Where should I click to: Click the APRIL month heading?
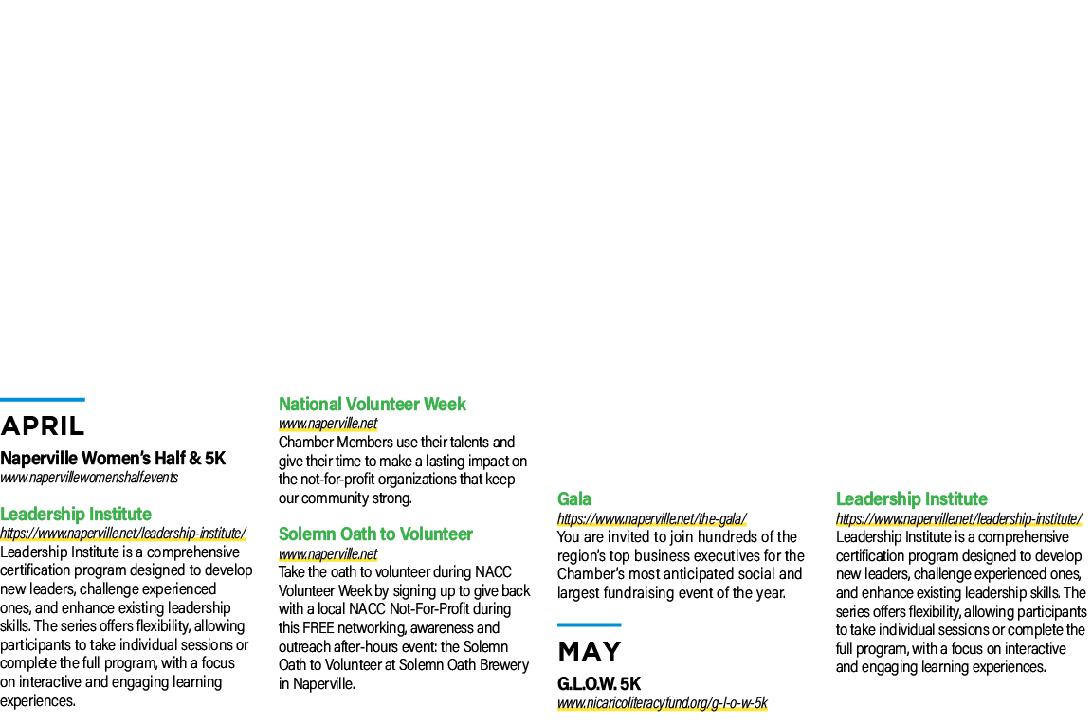pos(43,426)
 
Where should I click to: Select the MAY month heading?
pos(590,652)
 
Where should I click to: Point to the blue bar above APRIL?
pos(43,400)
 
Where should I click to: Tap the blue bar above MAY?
pos(590,624)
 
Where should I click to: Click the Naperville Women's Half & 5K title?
pos(113,458)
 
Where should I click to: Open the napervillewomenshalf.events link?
pos(89,478)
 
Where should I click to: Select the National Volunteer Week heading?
pos(372,404)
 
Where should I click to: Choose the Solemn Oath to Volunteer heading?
pos(375,534)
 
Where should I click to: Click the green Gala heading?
pos(573,499)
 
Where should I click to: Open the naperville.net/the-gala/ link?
pos(652,519)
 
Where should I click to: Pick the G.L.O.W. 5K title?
pos(599,683)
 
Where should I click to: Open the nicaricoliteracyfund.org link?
pos(663,703)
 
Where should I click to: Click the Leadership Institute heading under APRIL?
pos(76,514)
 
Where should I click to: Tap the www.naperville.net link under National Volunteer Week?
pos(328,424)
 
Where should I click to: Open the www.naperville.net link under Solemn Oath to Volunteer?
pos(328,554)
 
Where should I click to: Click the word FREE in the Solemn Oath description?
pos(318,628)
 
